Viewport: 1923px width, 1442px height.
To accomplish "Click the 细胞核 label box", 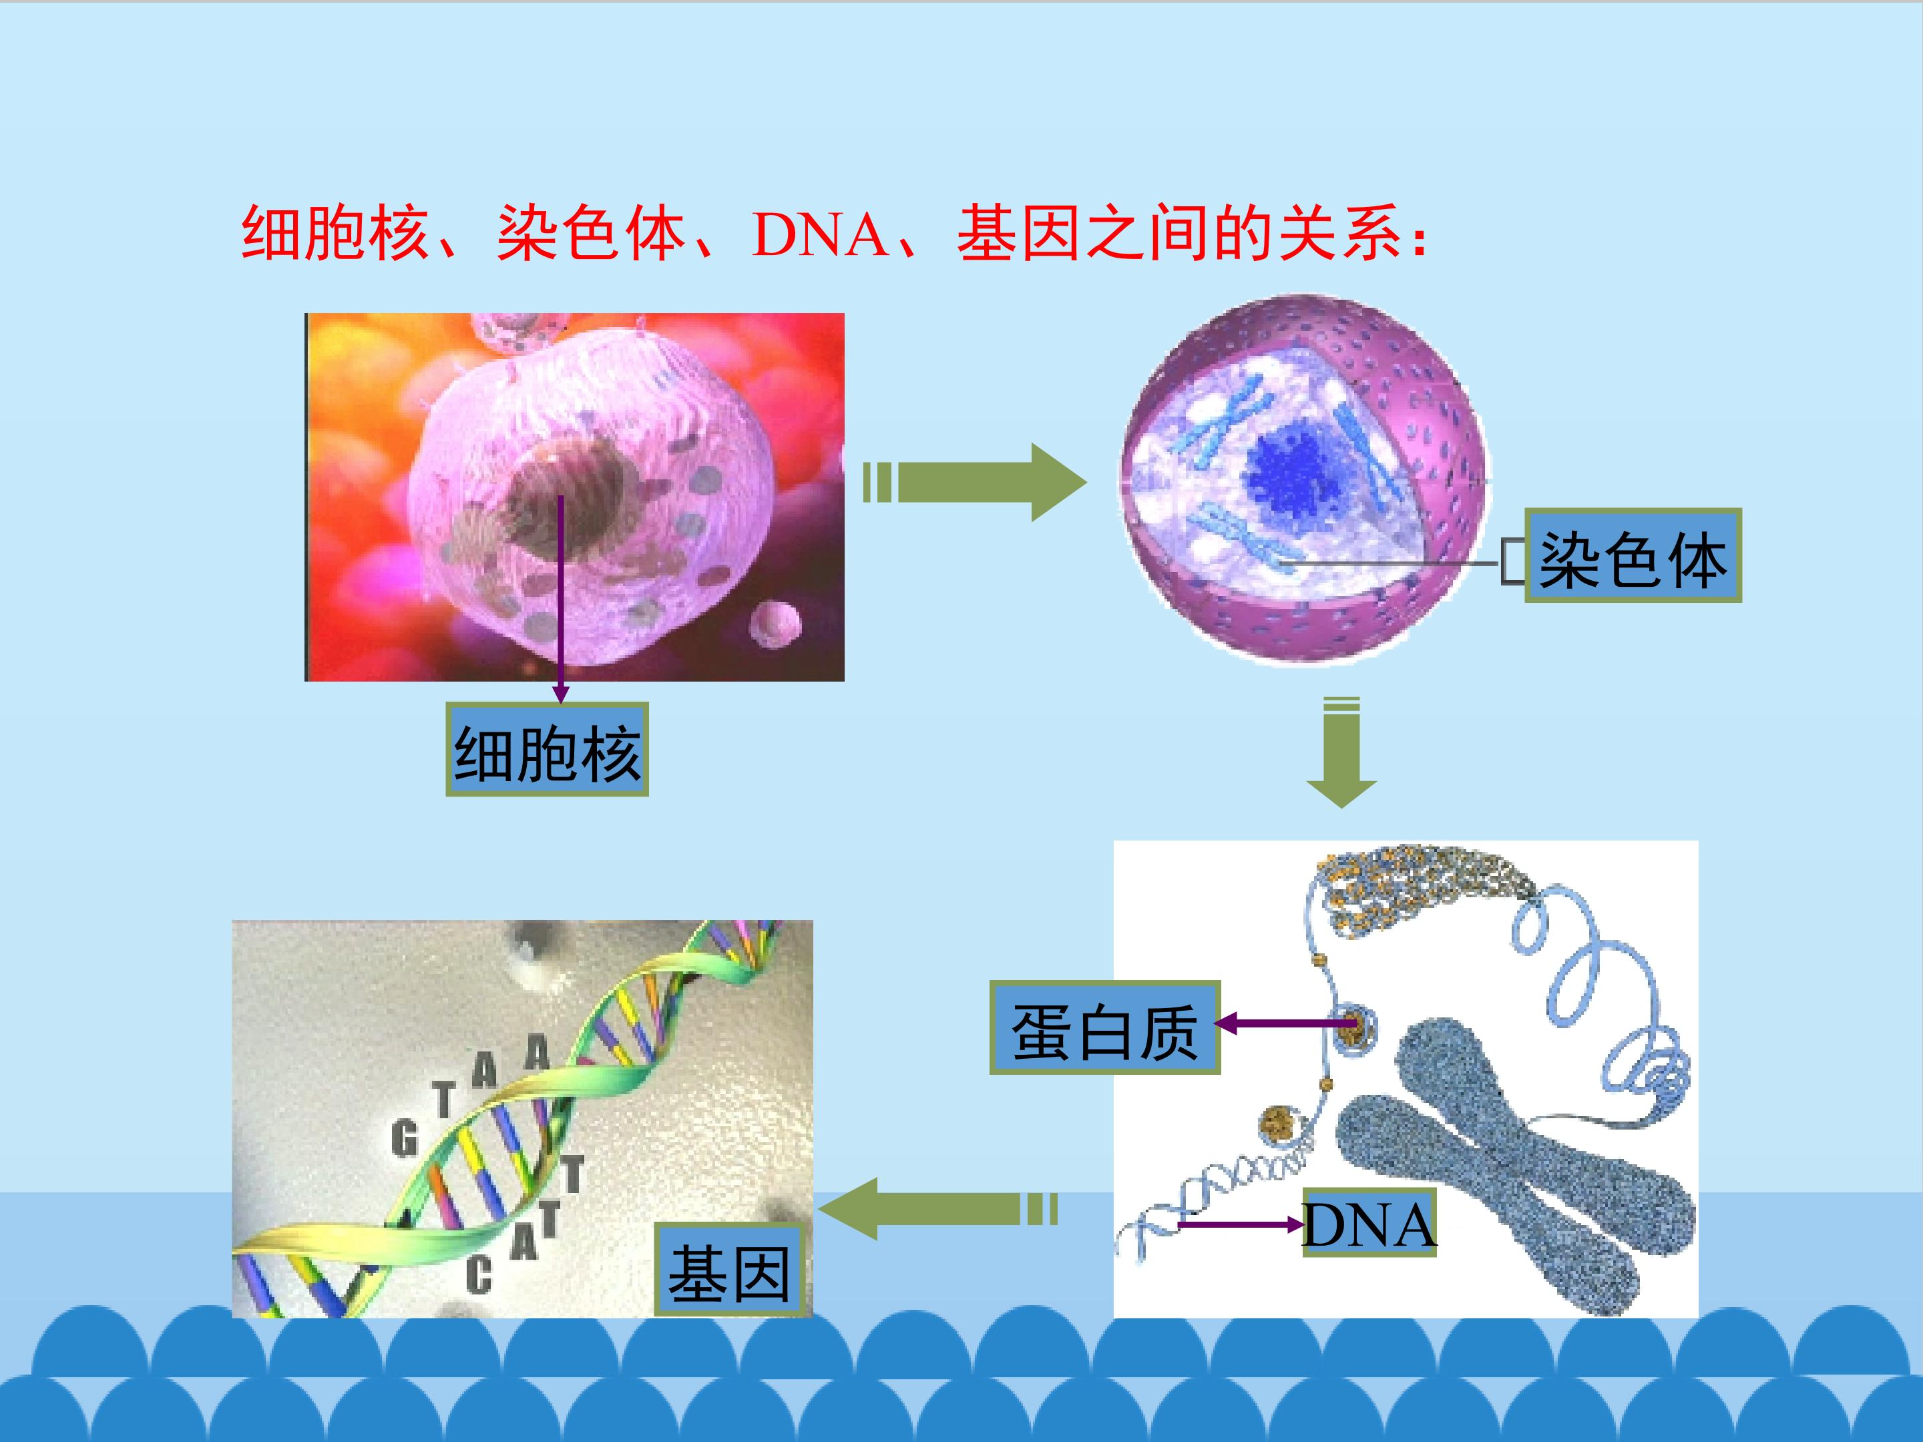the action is [547, 748].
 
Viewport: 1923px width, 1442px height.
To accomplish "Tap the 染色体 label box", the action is [1633, 555].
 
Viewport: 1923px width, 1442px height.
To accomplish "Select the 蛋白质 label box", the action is [1105, 1027].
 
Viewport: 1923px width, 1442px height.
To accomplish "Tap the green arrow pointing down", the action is [1341, 752].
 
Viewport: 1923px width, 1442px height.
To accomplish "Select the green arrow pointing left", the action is [938, 1208].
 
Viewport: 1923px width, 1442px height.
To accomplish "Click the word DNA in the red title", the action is [820, 234].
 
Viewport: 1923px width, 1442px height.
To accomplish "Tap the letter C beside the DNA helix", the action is [479, 1274].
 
